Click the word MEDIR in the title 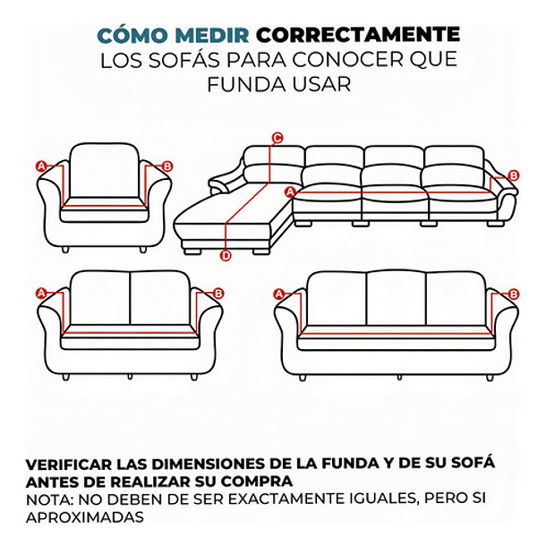point(213,36)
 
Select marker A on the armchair point(40,166)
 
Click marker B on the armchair point(168,166)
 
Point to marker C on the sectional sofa point(277,138)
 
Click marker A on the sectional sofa point(289,192)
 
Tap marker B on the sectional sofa point(513,175)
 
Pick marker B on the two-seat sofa point(218,294)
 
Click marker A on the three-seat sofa point(277,294)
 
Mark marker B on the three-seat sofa point(513,294)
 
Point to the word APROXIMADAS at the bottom point(84,517)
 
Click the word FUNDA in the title point(234,84)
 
